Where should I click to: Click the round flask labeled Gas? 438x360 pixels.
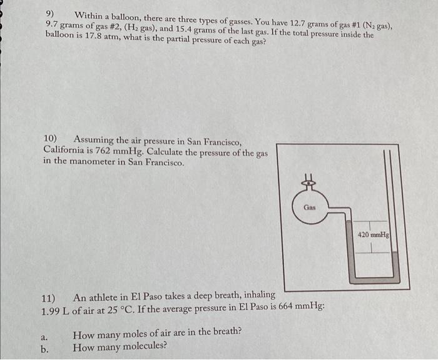[x=309, y=207]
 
